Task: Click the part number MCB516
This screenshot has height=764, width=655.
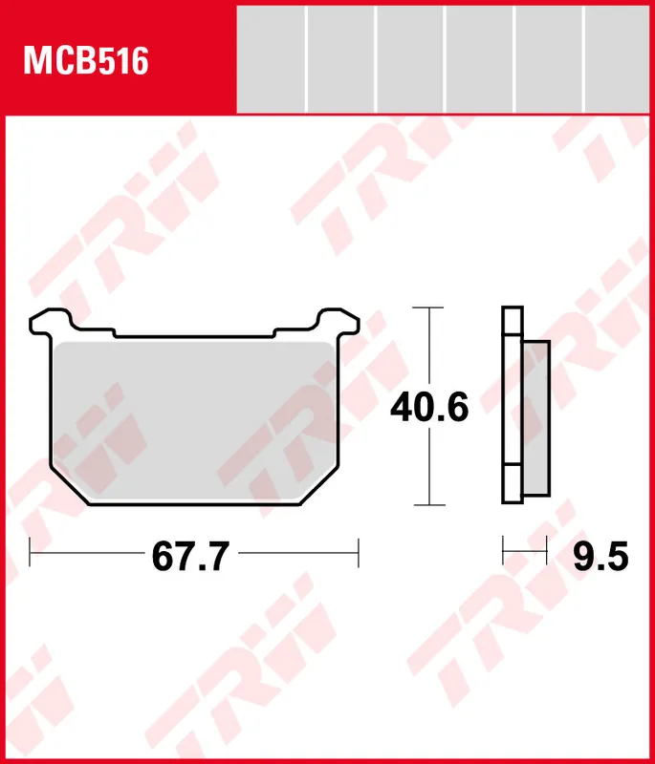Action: coord(86,62)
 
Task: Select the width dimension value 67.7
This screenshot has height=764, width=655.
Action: coord(189,556)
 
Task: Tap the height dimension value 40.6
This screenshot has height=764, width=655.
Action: coord(428,409)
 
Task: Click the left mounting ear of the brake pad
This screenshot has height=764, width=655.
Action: coord(45,321)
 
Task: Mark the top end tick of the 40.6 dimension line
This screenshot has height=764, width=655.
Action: coord(429,308)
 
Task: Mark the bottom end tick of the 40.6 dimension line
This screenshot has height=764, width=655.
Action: coord(429,505)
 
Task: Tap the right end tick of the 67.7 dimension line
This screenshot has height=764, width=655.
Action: coord(357,552)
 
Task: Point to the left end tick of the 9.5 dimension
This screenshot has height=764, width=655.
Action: coord(504,551)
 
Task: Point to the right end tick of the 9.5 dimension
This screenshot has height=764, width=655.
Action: coord(546,551)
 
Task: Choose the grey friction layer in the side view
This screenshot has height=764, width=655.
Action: coord(536,418)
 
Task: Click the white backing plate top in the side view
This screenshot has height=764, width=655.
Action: coord(513,320)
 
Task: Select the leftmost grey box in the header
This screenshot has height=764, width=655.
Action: coord(271,58)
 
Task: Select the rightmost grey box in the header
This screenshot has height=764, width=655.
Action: coord(618,58)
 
